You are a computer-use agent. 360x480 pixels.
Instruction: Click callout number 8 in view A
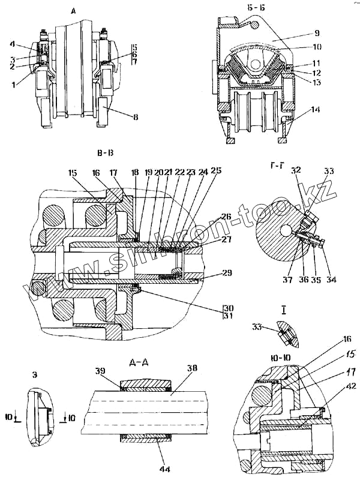136,118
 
